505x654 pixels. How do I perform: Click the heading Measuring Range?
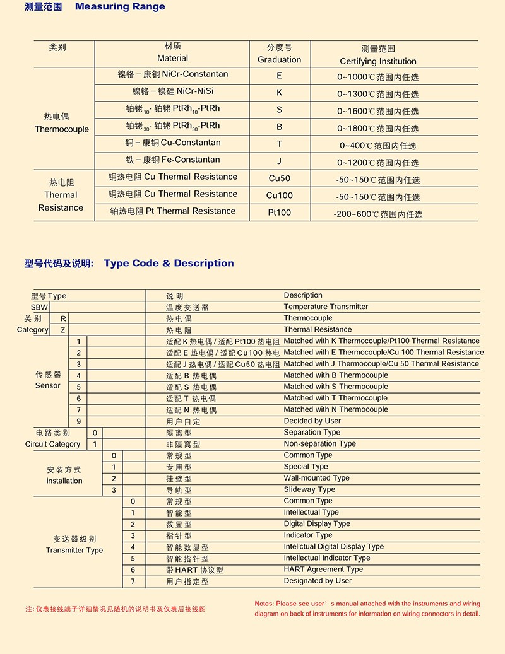120,7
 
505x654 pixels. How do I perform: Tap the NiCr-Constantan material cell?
172,74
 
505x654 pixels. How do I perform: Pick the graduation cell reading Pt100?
279,213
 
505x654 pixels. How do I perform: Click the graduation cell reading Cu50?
279,178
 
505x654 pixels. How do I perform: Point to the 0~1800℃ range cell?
377,128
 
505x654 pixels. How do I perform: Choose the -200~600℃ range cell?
377,214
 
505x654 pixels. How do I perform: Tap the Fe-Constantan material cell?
172,160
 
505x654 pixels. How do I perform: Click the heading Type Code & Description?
169,263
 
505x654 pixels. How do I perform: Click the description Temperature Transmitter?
326,307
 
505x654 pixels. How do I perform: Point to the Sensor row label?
48,385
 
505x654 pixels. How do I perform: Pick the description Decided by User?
312,421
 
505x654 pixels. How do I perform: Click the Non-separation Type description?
319,444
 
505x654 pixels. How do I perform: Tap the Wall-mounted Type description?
316,478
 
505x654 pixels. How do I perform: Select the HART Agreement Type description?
323,569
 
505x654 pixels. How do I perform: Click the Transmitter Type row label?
74,551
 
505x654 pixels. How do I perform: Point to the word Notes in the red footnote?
264,604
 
